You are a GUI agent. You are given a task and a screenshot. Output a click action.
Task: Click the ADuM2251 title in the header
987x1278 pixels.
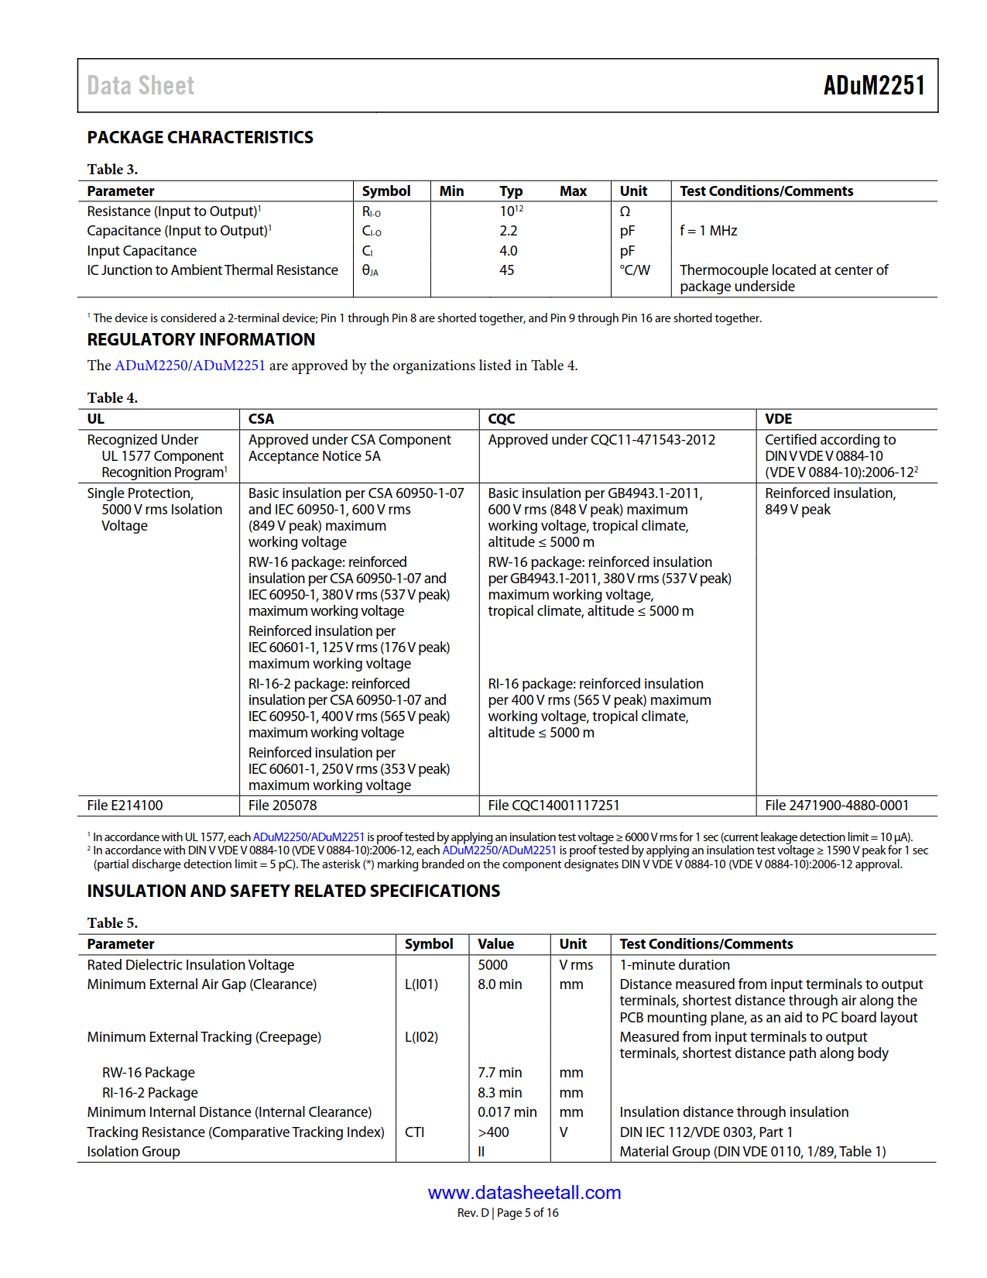tap(874, 85)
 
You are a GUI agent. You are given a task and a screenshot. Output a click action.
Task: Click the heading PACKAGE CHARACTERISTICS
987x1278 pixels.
tap(200, 138)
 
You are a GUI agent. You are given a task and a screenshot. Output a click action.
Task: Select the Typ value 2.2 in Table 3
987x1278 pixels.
tap(508, 231)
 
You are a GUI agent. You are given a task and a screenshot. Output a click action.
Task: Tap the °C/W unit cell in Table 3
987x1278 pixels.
tap(635, 270)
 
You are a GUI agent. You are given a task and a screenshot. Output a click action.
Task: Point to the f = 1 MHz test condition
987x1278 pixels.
tap(708, 231)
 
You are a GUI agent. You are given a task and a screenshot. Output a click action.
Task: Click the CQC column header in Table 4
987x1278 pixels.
tap(502, 419)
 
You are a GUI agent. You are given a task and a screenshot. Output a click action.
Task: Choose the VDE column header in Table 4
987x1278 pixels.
tap(778, 419)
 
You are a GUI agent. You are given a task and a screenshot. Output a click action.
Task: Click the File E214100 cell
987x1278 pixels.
tap(125, 806)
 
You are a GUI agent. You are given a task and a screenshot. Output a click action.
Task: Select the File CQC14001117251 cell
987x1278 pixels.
tap(553, 806)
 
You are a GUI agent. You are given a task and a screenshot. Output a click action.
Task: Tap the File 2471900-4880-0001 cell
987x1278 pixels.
tap(837, 806)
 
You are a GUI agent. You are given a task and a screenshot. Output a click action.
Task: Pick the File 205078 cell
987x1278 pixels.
tap(283, 806)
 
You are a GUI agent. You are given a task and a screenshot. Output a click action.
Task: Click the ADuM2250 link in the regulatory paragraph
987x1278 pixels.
tap(151, 366)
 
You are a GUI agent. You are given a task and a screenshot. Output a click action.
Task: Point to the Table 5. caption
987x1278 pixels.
tap(112, 923)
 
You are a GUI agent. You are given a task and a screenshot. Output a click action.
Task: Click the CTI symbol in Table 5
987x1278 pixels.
tap(414, 1132)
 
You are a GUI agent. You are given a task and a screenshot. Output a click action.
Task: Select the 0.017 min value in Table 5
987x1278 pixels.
tap(507, 1112)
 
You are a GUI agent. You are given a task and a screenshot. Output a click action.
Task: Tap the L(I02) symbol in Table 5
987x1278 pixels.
tap(421, 1037)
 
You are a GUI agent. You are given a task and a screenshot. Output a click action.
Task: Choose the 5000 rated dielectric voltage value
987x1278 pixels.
tap(492, 965)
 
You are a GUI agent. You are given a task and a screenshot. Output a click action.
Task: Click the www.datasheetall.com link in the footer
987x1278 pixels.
tap(524, 1193)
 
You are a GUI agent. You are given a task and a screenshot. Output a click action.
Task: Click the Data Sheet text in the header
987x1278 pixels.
tap(141, 86)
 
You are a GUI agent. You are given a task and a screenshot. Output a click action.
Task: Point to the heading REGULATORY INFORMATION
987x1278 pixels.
tap(200, 340)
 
